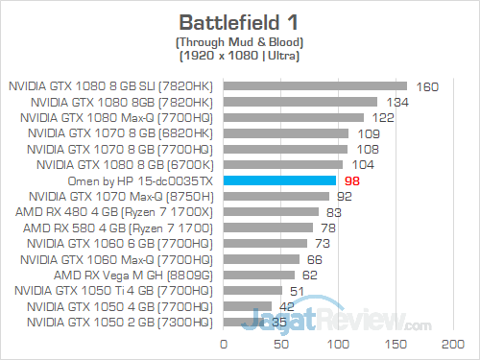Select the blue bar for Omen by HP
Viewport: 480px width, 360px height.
tap(279, 180)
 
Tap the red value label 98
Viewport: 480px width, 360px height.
tap(350, 180)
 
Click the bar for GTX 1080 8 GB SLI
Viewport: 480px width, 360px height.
tap(315, 86)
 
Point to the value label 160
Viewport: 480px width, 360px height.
tap(427, 86)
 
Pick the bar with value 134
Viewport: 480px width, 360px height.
tap(300, 102)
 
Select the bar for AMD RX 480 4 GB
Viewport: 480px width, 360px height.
tap(271, 211)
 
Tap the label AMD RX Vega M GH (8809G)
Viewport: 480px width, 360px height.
tap(135, 274)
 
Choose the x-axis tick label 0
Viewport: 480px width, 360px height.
tap(224, 343)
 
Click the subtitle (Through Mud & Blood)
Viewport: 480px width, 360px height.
tap(239, 42)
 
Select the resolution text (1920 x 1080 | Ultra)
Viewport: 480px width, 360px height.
tap(239, 56)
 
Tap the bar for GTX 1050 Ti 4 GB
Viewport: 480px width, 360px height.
tap(252, 289)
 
